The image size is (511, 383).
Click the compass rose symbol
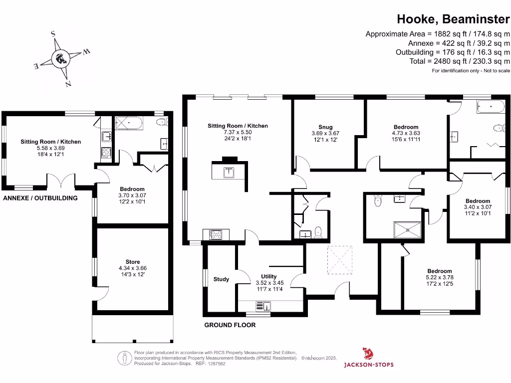point(61,59)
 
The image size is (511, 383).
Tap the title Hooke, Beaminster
point(453,19)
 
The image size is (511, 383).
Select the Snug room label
point(325,127)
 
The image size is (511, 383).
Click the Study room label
point(221,279)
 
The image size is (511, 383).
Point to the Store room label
point(133,262)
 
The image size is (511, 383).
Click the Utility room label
point(269,276)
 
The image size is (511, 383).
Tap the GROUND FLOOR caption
point(230,325)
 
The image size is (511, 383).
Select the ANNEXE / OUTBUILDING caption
point(40,198)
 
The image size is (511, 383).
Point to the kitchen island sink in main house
point(228,173)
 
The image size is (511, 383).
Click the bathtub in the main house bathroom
point(492,106)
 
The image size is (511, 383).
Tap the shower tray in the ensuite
point(408,229)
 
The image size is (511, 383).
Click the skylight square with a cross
point(340,260)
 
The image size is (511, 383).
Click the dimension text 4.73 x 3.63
point(405,133)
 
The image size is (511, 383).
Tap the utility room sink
point(263,306)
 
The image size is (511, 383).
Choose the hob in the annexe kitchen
point(106,152)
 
